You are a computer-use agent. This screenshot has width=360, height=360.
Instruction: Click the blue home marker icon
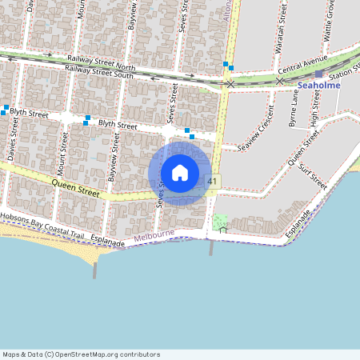coord(180,173)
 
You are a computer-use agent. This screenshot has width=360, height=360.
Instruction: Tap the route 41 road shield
coord(212,182)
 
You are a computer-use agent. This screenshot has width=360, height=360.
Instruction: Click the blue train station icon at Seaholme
coord(318,74)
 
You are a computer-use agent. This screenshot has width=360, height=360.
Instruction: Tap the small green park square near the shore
coord(220,223)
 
